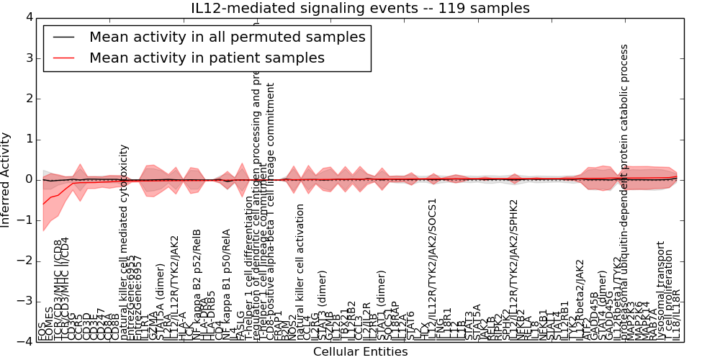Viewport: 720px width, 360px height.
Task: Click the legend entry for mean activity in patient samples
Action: (x=207, y=58)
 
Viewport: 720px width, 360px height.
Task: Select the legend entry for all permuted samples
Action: (x=227, y=37)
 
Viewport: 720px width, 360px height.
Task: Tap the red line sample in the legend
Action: (x=63, y=58)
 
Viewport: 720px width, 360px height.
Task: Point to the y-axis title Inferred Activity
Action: (x=6, y=179)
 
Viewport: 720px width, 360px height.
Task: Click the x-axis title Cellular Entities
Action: (x=360, y=351)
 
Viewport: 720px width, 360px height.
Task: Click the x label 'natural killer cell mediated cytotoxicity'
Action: (x=125, y=242)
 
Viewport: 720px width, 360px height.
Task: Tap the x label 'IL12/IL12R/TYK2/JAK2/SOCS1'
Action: (x=433, y=269)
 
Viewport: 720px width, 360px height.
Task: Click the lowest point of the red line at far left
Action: (x=43, y=204)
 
